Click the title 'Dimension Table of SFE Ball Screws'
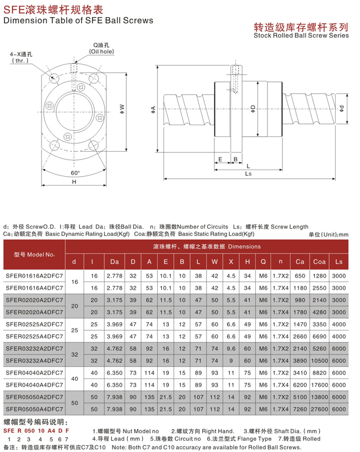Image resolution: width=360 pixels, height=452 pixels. (x=78, y=20)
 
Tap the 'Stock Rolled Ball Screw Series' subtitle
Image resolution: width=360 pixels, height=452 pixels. (x=301, y=35)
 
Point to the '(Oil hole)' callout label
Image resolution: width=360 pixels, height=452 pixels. (x=100, y=52)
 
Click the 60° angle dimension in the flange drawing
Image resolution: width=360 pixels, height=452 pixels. (x=75, y=173)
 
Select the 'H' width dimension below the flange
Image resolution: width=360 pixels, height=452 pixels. (x=74, y=182)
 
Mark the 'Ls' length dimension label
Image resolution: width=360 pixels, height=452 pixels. (x=248, y=173)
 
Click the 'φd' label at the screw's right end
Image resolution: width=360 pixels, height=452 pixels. (x=342, y=107)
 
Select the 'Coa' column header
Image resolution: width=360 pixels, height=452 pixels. (x=319, y=261)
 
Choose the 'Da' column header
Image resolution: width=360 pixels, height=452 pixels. (x=115, y=261)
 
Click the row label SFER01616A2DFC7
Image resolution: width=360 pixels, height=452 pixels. (x=34, y=275)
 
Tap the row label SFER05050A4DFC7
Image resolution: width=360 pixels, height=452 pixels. (x=34, y=409)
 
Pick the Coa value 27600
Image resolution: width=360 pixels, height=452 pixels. (x=319, y=409)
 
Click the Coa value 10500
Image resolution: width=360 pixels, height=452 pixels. (x=319, y=361)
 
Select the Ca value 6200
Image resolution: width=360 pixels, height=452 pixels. (x=300, y=384)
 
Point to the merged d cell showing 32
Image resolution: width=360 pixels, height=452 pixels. (x=74, y=355)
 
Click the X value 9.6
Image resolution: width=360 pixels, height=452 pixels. (x=232, y=348)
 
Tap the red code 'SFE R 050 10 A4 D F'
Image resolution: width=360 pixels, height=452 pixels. (x=36, y=430)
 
